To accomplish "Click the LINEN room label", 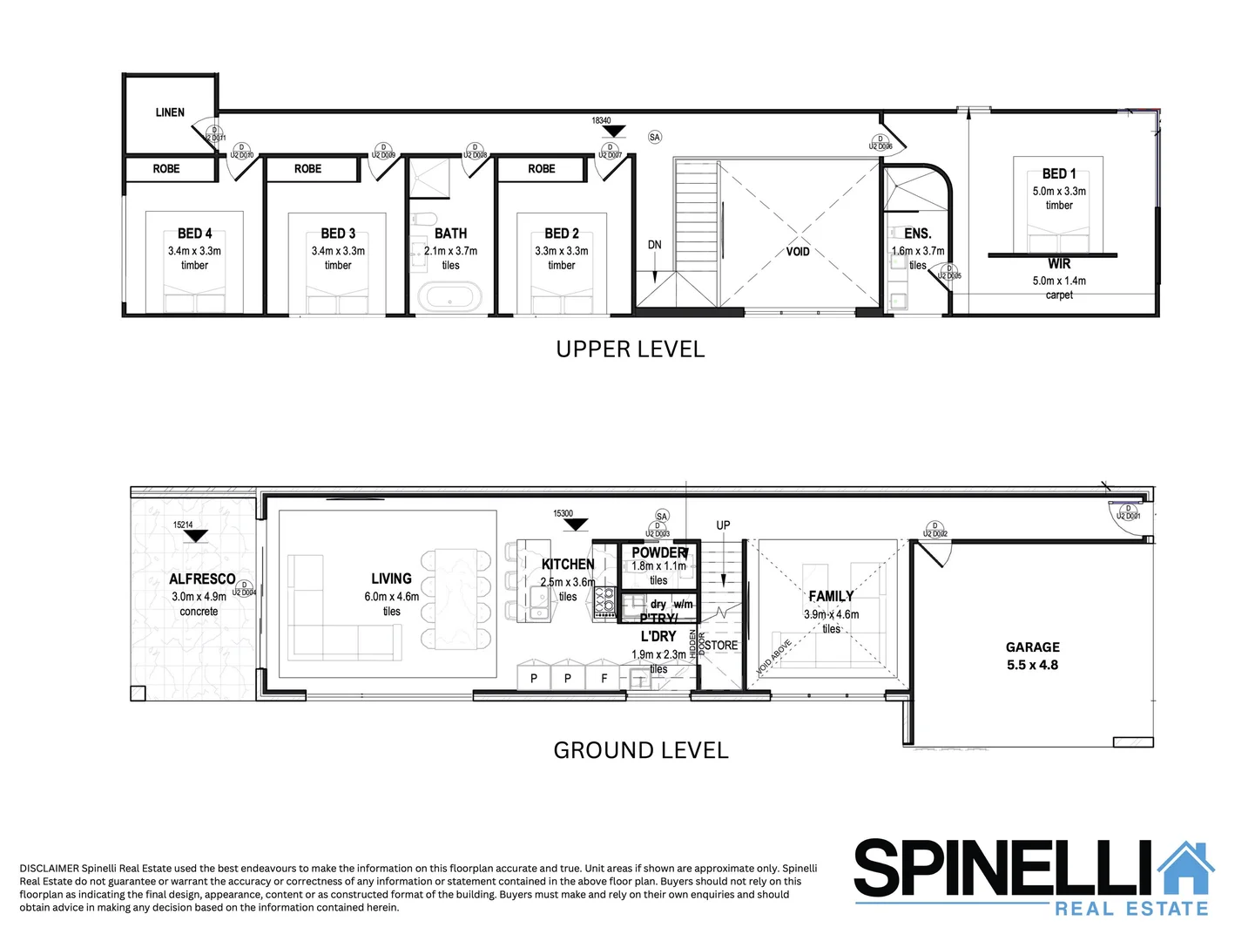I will tap(170, 112).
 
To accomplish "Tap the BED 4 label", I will tap(194, 234).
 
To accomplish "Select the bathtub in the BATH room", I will tap(449, 297).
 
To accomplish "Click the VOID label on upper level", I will tap(798, 252).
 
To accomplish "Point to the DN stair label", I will tap(655, 245).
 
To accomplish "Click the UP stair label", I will tap(723, 525).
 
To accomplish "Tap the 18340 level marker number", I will tap(601, 121).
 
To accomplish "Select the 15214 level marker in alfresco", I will tap(183, 525).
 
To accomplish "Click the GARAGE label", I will tap(1033, 647).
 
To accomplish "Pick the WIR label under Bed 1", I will tap(1059, 264).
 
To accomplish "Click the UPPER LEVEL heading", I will tap(631, 349).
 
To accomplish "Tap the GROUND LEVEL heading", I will tap(641, 750).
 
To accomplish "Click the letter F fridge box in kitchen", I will tap(604, 678).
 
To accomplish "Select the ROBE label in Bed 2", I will tap(542, 169).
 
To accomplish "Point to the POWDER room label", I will tap(659, 552).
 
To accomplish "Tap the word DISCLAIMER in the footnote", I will tap(49, 868).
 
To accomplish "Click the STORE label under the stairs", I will tap(721, 646).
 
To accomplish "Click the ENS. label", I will tap(918, 234).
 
